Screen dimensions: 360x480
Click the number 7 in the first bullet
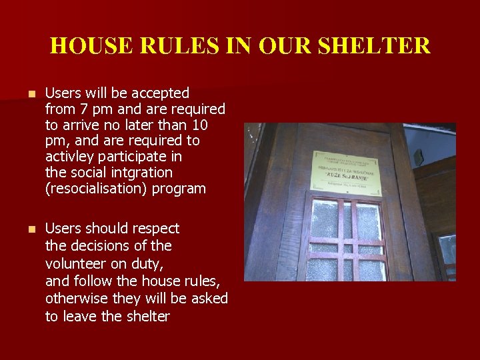(83, 109)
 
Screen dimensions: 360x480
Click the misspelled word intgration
(137, 173)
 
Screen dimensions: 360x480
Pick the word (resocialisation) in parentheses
(96, 189)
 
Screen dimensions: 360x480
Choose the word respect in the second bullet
(155, 229)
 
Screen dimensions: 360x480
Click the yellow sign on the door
(344, 171)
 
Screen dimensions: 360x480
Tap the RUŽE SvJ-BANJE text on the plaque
(344, 177)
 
